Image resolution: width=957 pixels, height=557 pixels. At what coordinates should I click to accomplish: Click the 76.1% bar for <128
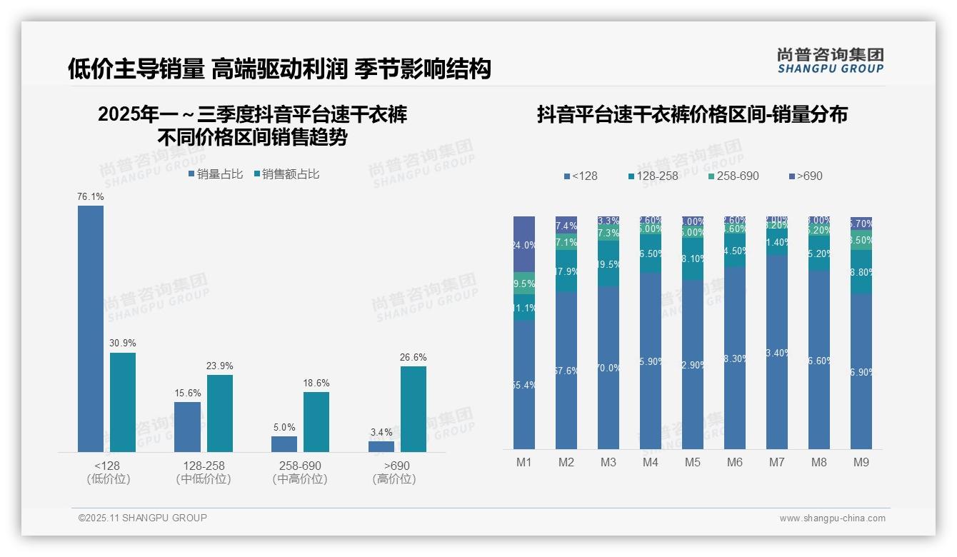(91, 328)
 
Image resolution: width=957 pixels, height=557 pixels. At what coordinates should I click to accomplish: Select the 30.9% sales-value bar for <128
(123, 402)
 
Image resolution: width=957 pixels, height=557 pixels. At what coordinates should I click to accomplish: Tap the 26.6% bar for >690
(414, 409)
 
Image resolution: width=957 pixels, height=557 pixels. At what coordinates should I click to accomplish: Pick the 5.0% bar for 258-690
(284, 444)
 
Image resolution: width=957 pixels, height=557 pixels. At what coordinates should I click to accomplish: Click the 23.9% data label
(220, 366)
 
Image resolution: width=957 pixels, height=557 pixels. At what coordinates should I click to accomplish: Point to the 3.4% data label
(381, 433)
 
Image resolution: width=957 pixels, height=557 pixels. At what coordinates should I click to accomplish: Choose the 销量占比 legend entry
(216, 174)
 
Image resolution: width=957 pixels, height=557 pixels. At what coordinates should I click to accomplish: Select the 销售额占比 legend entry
(286, 174)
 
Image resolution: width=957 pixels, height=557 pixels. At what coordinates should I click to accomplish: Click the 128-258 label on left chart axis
(204, 466)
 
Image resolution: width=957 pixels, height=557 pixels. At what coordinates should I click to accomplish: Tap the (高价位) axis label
(394, 479)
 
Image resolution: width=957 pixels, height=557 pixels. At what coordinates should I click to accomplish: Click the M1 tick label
(524, 463)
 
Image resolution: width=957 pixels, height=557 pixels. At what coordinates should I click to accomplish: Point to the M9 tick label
(861, 463)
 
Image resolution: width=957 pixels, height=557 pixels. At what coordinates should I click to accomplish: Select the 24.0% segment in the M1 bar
(524, 244)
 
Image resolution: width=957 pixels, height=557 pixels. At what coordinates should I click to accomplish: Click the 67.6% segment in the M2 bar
(566, 371)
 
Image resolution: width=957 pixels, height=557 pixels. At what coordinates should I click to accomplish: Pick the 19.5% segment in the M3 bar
(608, 264)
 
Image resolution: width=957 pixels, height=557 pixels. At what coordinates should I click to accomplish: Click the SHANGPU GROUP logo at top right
(830, 61)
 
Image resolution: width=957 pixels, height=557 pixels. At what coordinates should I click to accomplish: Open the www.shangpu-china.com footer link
(832, 518)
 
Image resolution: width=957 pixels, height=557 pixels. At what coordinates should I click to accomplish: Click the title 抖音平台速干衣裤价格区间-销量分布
(692, 115)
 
